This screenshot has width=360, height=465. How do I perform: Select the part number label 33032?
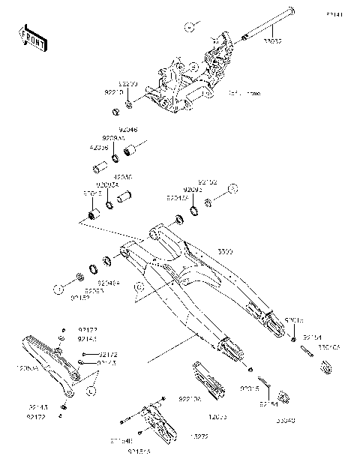coord(272,42)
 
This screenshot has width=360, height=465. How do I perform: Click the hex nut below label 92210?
coord(116,112)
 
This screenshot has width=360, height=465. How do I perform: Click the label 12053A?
coord(18,369)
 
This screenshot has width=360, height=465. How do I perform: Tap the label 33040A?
coord(329,348)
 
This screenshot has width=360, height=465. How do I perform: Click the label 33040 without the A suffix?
coord(286,421)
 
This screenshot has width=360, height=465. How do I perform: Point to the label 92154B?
coord(121,441)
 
